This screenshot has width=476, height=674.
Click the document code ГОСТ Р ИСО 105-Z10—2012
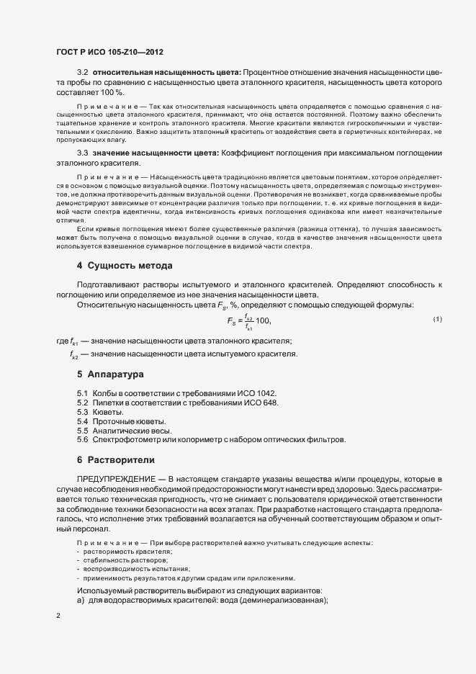(109, 53)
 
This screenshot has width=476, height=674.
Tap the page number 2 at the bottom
(58, 616)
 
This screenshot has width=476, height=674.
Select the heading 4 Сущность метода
(124, 266)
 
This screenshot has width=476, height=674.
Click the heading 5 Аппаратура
(112, 375)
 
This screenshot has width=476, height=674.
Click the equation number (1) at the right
(436, 318)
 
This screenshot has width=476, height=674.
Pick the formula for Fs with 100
(249, 320)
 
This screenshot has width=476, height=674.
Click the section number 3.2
(82, 73)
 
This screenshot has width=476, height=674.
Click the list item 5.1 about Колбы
(176, 392)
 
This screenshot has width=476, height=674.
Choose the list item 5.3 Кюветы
(100, 411)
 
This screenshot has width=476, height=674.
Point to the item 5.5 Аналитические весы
(121, 430)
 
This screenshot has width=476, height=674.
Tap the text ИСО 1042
(260, 392)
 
